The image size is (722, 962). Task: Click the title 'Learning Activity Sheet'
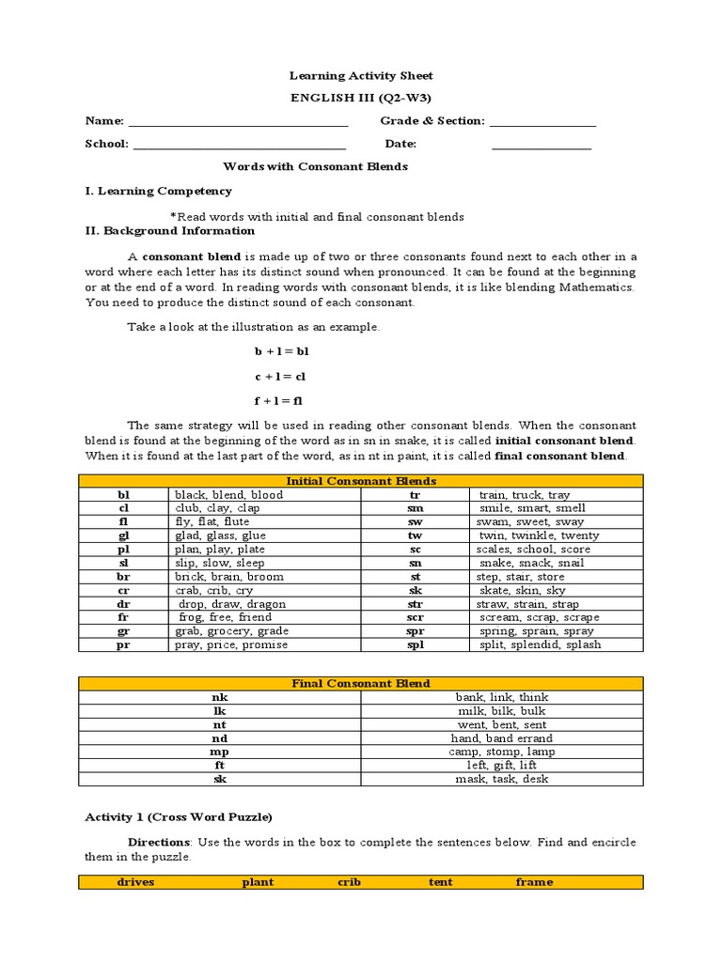(361, 75)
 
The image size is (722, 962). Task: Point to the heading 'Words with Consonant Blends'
(315, 166)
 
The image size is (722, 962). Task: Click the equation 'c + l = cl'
(280, 376)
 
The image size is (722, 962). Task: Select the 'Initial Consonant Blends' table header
(361, 481)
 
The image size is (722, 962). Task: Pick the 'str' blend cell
(415, 604)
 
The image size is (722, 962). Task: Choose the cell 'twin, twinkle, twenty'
(539, 535)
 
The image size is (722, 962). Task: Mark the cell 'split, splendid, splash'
(540, 645)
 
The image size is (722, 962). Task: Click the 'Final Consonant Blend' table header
(361, 683)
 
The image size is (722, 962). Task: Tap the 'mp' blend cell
(219, 752)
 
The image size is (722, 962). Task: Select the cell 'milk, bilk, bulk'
(501, 711)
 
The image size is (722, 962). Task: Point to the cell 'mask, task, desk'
(501, 779)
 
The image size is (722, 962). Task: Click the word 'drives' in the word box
(135, 882)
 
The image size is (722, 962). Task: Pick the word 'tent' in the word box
(440, 882)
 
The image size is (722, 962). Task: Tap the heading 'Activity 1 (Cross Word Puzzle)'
(179, 817)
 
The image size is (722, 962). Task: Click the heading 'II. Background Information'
(170, 231)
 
